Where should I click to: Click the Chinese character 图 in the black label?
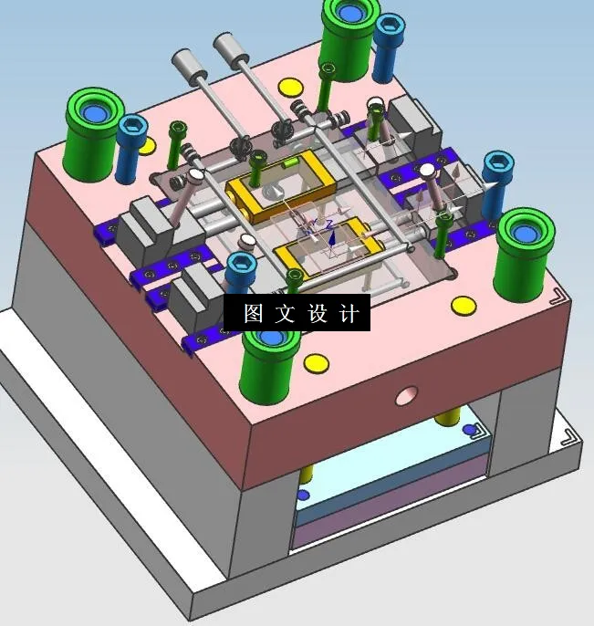click(253, 314)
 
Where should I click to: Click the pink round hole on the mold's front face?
click(405, 395)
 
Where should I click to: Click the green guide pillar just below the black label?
click(271, 360)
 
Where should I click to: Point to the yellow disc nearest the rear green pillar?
click(290, 88)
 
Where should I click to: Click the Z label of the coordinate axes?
click(328, 223)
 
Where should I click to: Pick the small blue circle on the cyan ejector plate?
click(469, 430)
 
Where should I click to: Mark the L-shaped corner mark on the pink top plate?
click(557, 297)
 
